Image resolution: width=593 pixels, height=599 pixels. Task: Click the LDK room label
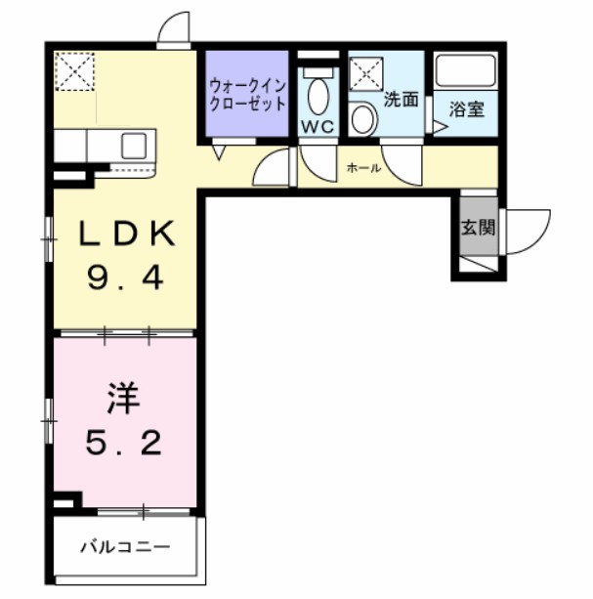pyautogui.click(x=126, y=235)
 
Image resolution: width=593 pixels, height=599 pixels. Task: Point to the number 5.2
pyautogui.click(x=123, y=445)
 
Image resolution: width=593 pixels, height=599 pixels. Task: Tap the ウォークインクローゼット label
pyautogui.click(x=247, y=95)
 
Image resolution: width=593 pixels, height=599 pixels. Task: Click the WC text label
pyautogui.click(x=318, y=127)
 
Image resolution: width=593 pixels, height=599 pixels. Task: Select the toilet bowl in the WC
pyautogui.click(x=318, y=94)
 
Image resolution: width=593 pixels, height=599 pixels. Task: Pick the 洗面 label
pyautogui.click(x=401, y=99)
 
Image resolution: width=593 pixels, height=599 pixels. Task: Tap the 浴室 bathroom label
pyautogui.click(x=466, y=109)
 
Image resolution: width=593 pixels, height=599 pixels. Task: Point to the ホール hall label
pyautogui.click(x=363, y=168)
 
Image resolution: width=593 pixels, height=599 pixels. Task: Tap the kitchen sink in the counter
pyautogui.click(x=134, y=148)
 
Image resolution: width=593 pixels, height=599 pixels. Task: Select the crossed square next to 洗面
pyautogui.click(x=366, y=73)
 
